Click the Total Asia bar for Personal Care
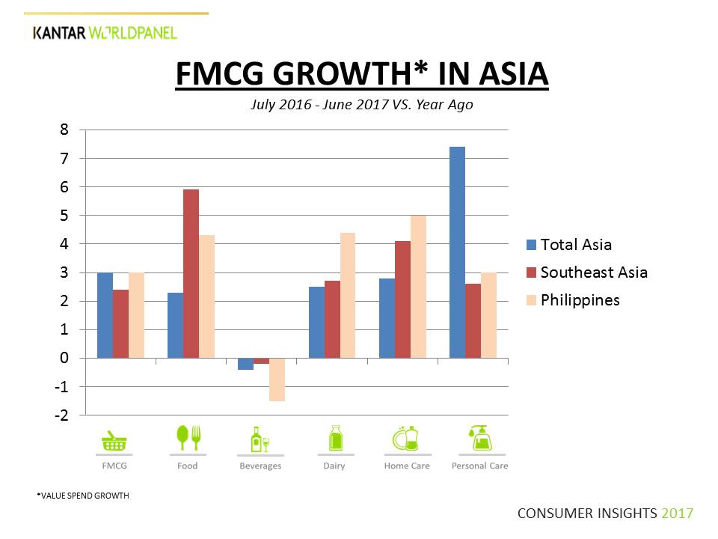[x=457, y=252]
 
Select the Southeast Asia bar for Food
[x=191, y=273]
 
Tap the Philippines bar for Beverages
[x=277, y=380]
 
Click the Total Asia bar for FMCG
[x=105, y=315]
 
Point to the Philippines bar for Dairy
[x=347, y=295]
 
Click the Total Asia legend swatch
[x=531, y=244]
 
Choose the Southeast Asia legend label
[x=594, y=272]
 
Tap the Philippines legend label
[x=580, y=299]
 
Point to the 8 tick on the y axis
[x=64, y=130]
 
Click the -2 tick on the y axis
[x=61, y=415]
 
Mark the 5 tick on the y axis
[x=64, y=216]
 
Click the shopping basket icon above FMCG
[x=114, y=439]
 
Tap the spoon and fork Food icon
[x=188, y=438]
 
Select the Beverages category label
[x=260, y=466]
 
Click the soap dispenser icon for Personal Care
[x=479, y=438]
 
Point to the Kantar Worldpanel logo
[x=105, y=32]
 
